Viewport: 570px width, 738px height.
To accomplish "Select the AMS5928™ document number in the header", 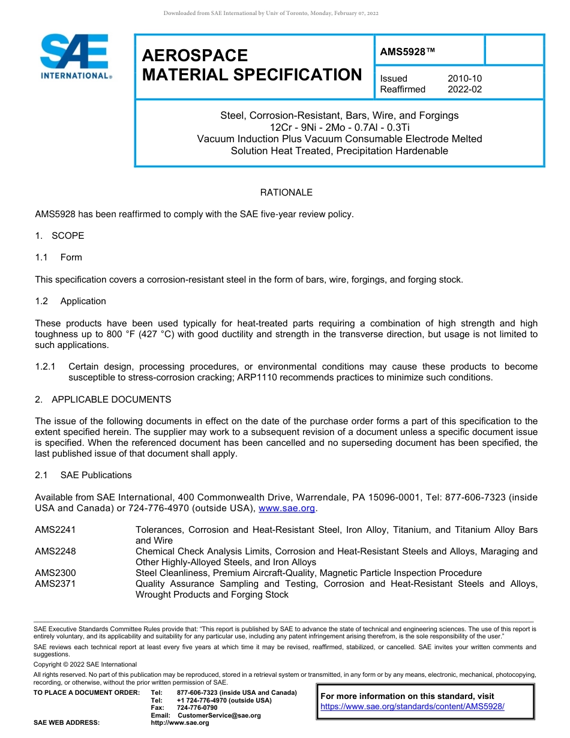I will pos(407,52).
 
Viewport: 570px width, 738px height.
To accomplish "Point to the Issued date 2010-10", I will pos(464,79).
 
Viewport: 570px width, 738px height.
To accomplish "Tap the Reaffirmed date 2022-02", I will pos(464,89).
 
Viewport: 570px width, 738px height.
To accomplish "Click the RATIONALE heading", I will pos(286,193).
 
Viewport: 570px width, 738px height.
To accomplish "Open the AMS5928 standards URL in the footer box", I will pos(412,706).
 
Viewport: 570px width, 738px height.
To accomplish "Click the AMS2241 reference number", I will pos(55,530).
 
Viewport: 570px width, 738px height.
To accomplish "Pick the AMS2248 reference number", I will pos(55,551).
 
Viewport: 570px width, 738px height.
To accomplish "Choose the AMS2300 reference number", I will pos(55,573).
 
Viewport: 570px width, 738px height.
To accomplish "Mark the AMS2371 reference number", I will pos(55,584).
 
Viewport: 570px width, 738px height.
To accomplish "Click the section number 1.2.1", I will pos(45,367).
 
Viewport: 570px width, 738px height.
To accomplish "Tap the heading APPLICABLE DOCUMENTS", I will pos(111,400).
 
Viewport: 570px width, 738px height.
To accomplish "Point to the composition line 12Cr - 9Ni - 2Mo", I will pos(339,127).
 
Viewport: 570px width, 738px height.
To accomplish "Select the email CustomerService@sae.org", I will pos(219,716).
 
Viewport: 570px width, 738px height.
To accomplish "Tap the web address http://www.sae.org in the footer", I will pos(180,723).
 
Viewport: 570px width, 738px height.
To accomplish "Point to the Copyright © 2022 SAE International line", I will pos(85,664).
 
